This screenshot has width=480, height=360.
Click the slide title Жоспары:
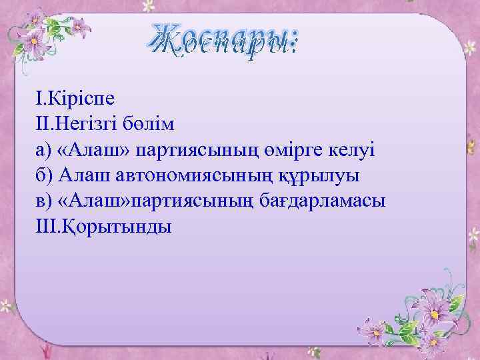point(225,41)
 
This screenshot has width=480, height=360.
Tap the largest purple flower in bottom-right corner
point(440,308)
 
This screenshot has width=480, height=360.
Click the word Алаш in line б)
point(79,175)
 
